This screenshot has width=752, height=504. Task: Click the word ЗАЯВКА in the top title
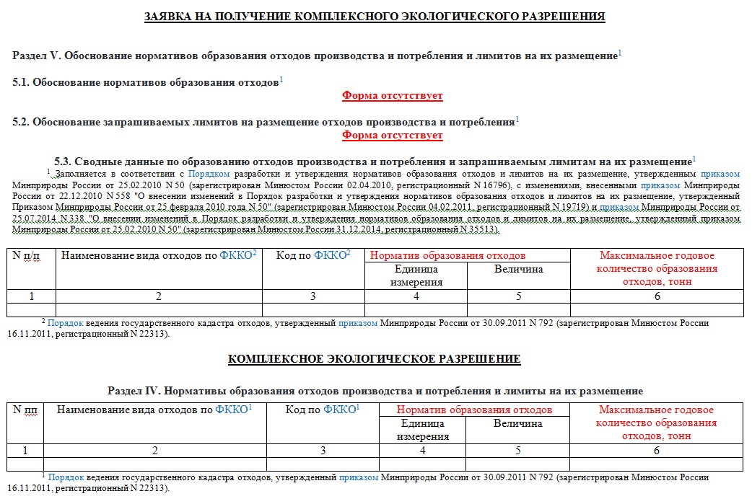[x=170, y=16]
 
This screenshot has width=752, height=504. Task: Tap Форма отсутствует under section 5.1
[x=392, y=95]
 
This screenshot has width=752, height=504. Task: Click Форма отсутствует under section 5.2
[x=392, y=135]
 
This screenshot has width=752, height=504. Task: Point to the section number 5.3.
[x=63, y=161]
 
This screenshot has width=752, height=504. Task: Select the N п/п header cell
[x=30, y=255]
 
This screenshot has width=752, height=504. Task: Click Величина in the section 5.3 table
[x=518, y=269]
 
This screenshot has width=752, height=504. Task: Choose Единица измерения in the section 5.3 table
[x=416, y=275]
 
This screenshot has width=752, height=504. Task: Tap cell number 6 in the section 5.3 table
[x=657, y=296]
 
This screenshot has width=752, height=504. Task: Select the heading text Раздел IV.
[x=134, y=391]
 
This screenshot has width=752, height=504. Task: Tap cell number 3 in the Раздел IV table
[x=323, y=451]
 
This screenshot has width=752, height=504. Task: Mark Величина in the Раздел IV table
[x=517, y=423]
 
